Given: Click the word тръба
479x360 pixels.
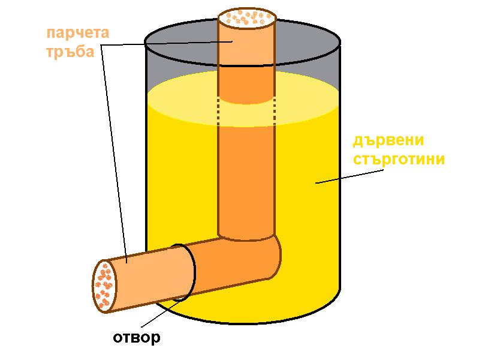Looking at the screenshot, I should coord(70,52).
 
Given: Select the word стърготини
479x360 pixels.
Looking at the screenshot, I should coord(398,160).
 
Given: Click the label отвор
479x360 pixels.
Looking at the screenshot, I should coord(137,338).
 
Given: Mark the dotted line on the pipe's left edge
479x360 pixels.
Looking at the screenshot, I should coord(218,112).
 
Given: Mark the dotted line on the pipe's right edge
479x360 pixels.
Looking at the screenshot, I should coord(275,112).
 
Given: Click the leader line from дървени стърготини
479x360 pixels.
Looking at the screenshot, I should coord(348,175).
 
